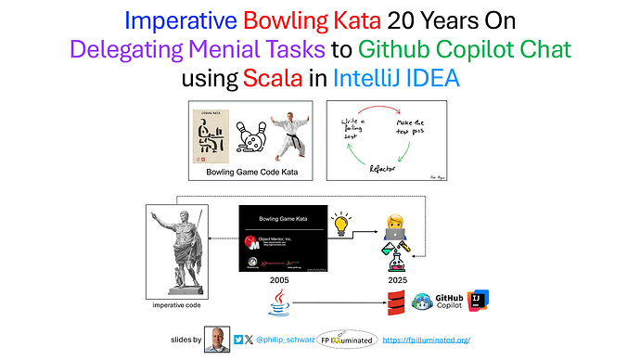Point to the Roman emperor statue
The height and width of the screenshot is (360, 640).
178,245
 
